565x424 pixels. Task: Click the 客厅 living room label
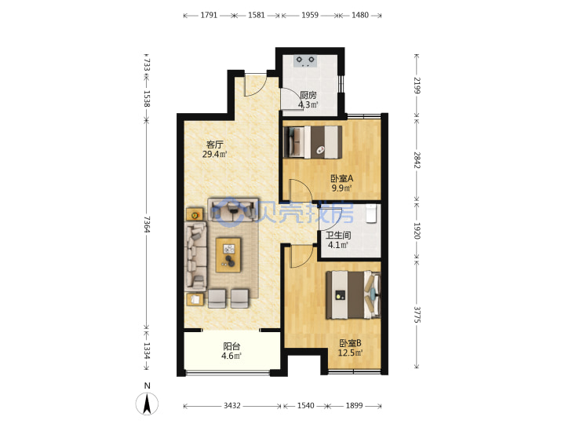[215, 144]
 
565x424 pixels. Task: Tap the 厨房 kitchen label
[308, 95]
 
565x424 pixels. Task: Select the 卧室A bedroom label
[342, 178]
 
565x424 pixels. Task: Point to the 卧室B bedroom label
[350, 343]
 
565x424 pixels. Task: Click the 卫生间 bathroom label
[338, 236]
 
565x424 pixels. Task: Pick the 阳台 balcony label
[231, 346]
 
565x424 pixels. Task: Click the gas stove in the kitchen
[305, 61]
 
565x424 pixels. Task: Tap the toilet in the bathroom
[371, 214]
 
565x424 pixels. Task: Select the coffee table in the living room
[228, 254]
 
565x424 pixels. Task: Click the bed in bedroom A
[313, 142]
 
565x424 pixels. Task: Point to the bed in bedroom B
[353, 295]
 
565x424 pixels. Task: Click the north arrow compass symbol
[147, 404]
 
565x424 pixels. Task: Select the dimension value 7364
[146, 225]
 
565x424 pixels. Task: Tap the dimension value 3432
[231, 406]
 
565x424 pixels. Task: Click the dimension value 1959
[310, 15]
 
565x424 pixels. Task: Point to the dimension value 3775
[417, 315]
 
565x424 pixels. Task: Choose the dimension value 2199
[417, 86]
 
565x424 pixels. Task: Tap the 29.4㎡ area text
[215, 155]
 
